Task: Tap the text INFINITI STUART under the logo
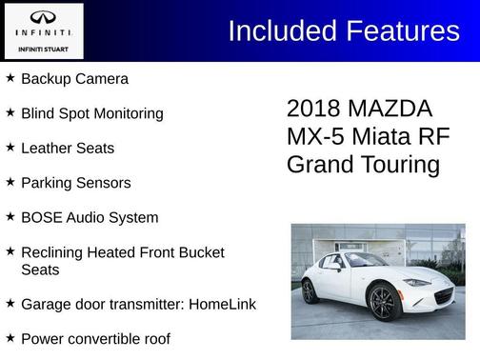(x=43, y=46)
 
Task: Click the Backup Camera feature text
(x=74, y=79)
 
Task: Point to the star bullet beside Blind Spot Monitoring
(x=10, y=112)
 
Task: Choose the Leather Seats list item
(x=67, y=149)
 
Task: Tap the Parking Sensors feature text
(x=75, y=183)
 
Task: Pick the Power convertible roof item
(x=95, y=338)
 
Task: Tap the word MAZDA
(x=390, y=109)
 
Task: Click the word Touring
(x=400, y=164)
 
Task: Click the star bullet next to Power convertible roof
(x=10, y=337)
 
